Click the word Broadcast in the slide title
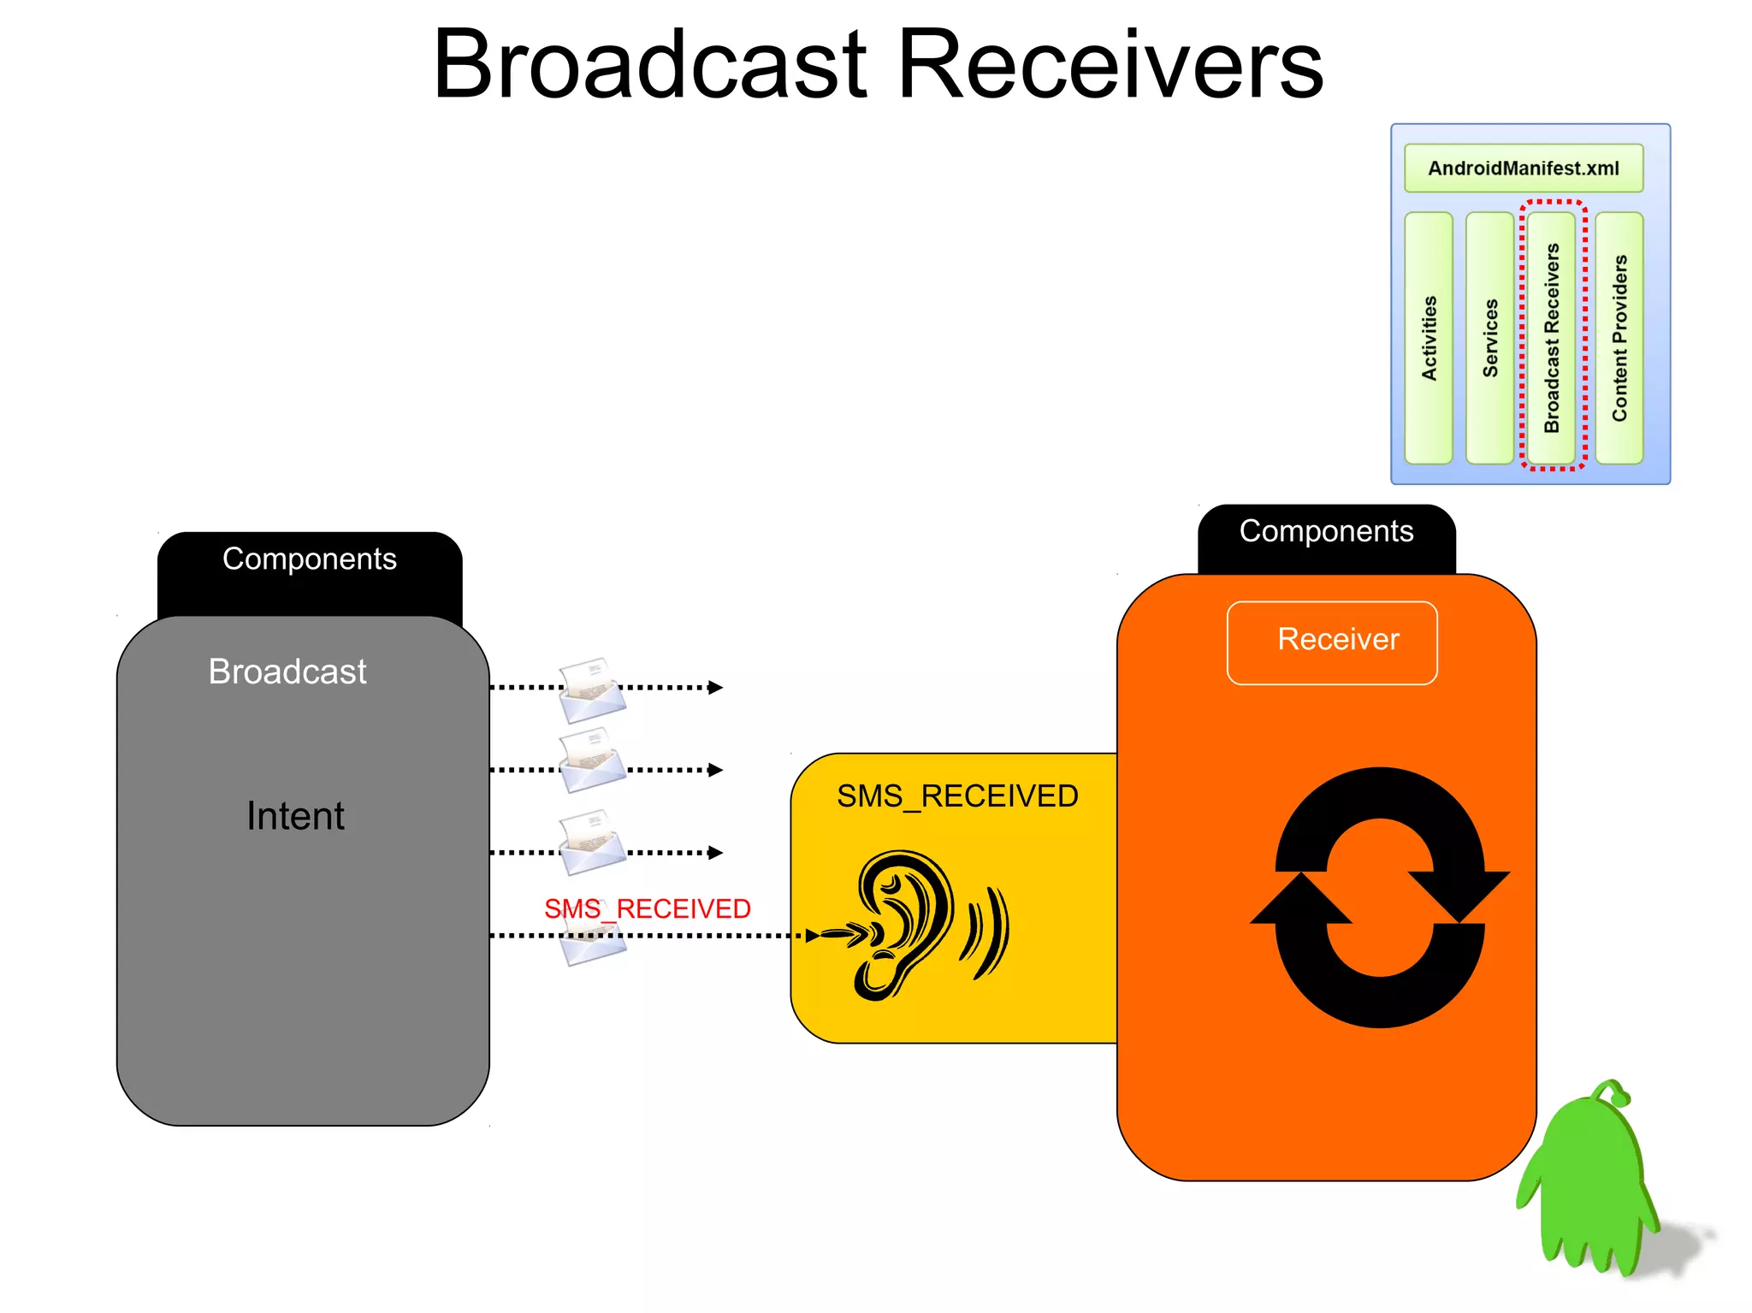point(650,65)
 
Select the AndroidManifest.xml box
point(1523,168)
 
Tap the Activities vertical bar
point(1428,338)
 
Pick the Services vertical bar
point(1489,338)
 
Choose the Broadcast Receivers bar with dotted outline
point(1551,338)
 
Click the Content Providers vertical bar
point(1619,338)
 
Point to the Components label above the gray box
point(309,559)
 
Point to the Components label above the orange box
point(1325,531)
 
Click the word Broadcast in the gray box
point(287,671)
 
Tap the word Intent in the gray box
point(295,815)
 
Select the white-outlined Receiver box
point(1331,642)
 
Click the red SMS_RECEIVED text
point(647,908)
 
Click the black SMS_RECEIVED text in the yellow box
point(956,796)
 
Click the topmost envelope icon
point(591,689)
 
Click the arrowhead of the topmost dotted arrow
point(716,687)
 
